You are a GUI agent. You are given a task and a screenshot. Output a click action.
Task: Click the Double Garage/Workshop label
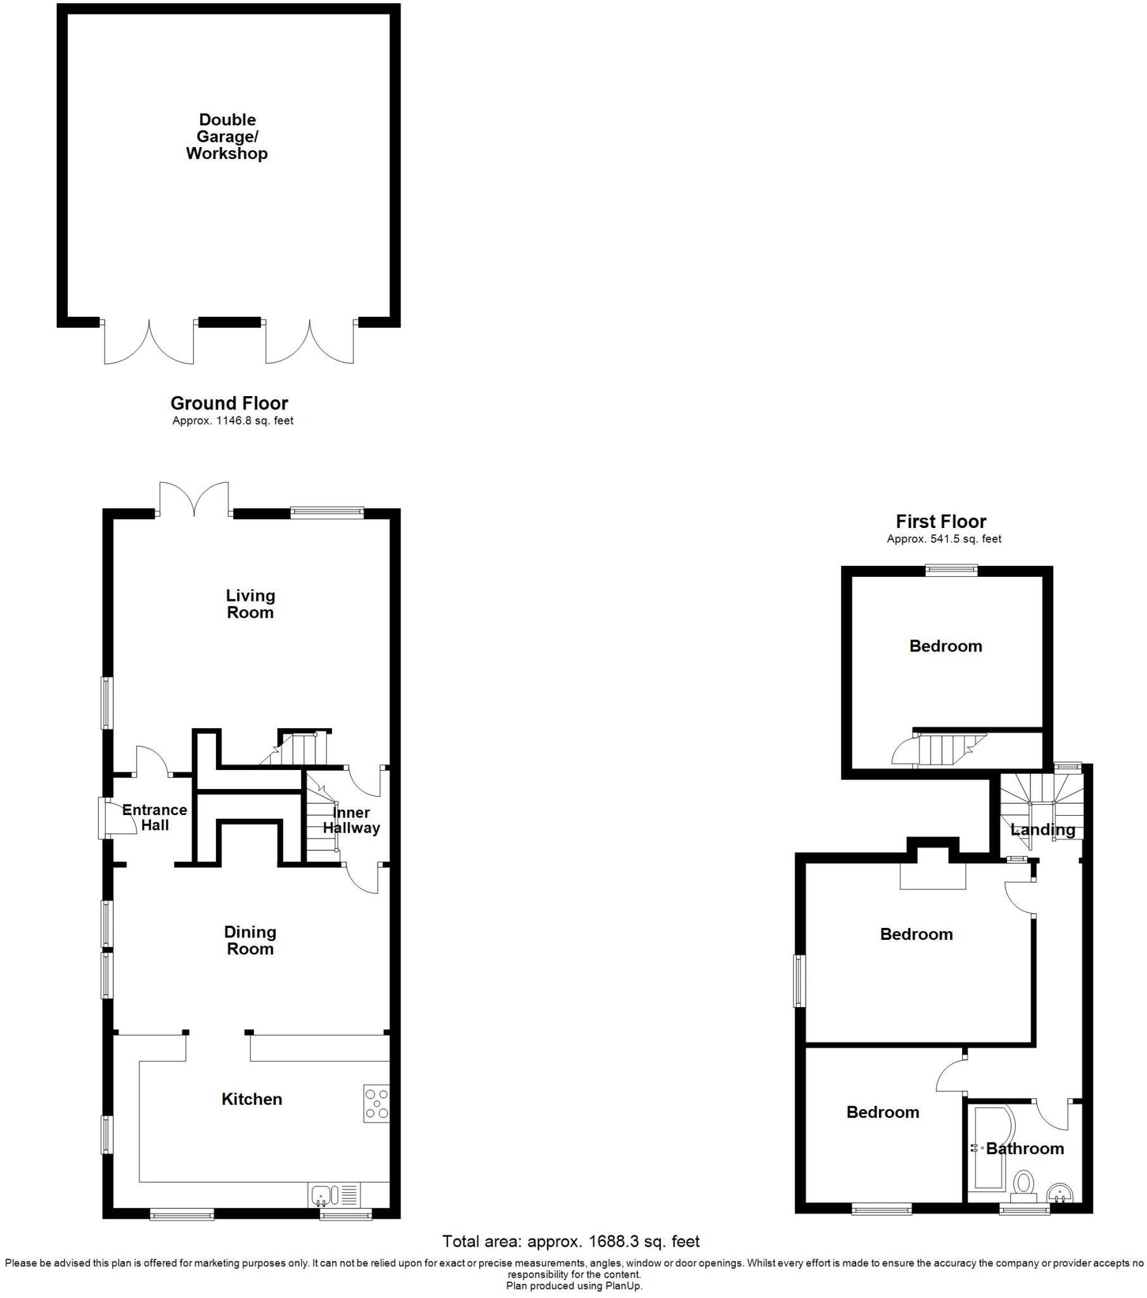[227, 136]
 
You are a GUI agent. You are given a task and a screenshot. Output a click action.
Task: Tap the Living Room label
[250, 604]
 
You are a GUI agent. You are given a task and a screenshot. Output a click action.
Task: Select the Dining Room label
[250, 941]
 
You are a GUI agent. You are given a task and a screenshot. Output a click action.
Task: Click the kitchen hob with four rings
[376, 1103]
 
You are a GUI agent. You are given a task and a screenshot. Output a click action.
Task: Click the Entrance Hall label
[155, 818]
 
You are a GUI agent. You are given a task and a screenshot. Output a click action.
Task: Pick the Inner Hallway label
[351, 821]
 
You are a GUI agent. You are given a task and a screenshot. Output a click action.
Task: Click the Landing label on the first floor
[1043, 830]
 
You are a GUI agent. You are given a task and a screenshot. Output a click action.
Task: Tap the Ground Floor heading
[229, 403]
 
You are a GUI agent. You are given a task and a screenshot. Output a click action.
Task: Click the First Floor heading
[940, 522]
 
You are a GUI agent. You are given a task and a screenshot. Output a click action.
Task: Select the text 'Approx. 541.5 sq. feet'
[944, 539]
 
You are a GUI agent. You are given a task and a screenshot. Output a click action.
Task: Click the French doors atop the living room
[195, 499]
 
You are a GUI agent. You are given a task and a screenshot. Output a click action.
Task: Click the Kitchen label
[252, 1099]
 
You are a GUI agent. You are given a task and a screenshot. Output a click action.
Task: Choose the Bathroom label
[1025, 1148]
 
